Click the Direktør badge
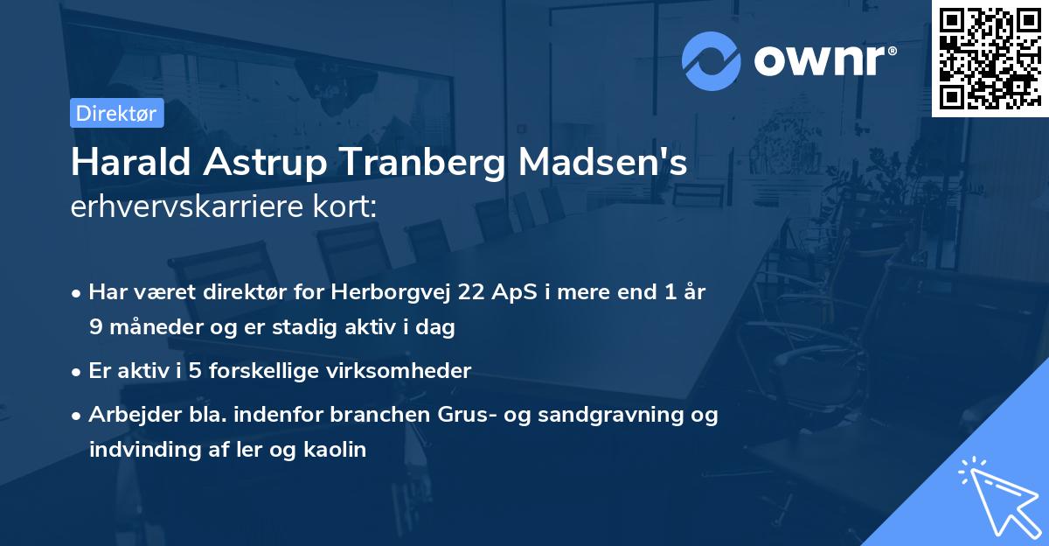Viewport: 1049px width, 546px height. (x=116, y=113)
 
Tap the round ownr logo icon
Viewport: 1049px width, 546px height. (x=712, y=60)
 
